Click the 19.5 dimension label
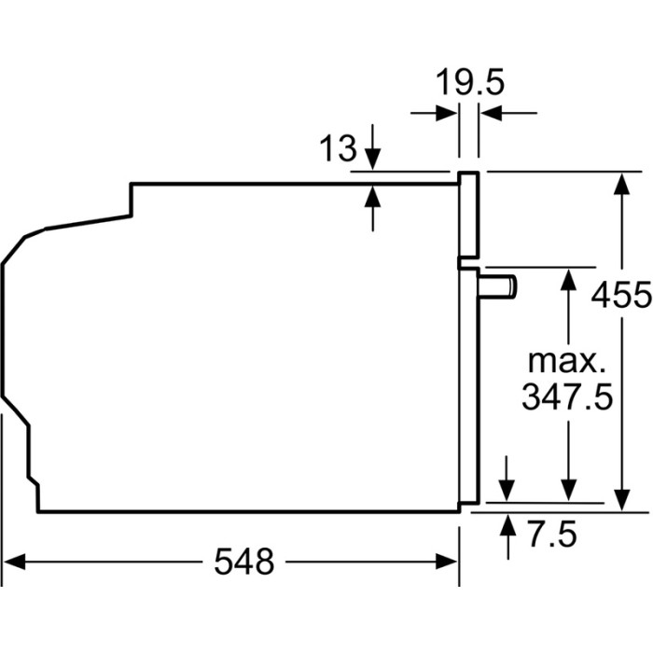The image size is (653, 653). (x=470, y=82)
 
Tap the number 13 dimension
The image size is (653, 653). (x=338, y=147)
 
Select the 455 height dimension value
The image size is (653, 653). (x=621, y=295)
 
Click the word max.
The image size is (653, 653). (x=567, y=361)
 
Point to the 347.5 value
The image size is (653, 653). (x=567, y=396)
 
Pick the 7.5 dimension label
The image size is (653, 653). (x=552, y=534)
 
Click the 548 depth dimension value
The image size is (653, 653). (x=244, y=561)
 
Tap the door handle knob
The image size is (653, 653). (x=498, y=287)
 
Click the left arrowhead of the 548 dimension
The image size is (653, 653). (x=14, y=562)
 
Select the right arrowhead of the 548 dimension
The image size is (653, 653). (x=447, y=562)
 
